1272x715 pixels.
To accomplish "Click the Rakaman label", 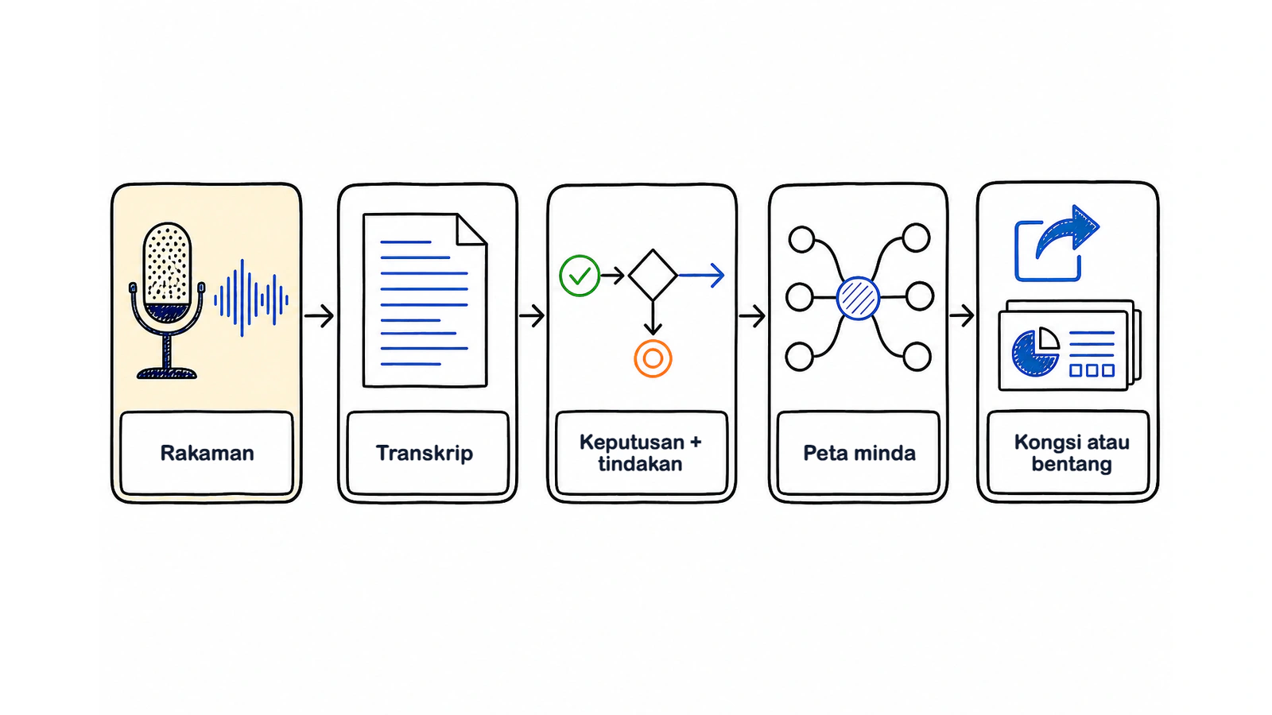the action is [x=207, y=454].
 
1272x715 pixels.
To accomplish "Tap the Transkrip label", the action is [x=425, y=454].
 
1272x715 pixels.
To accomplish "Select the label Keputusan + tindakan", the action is [x=640, y=453].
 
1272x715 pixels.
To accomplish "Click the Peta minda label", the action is [x=859, y=454].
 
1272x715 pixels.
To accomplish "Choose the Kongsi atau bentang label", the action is [x=1072, y=453].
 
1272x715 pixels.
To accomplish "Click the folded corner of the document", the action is [x=472, y=230].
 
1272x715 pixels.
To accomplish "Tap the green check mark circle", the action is [x=580, y=276].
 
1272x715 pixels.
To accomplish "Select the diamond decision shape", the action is [x=653, y=275].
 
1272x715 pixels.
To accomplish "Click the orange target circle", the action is [x=653, y=358].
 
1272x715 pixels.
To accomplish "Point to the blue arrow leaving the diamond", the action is [x=701, y=275].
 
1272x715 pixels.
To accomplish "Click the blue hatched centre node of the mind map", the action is [x=858, y=299].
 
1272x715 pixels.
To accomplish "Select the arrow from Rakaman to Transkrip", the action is [x=319, y=315].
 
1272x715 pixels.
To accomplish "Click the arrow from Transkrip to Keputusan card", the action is [x=532, y=315].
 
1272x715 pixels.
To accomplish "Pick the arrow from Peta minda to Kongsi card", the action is [x=962, y=315].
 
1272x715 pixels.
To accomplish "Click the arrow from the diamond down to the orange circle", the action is [x=653, y=318].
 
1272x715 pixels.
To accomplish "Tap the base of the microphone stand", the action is [x=167, y=373].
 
